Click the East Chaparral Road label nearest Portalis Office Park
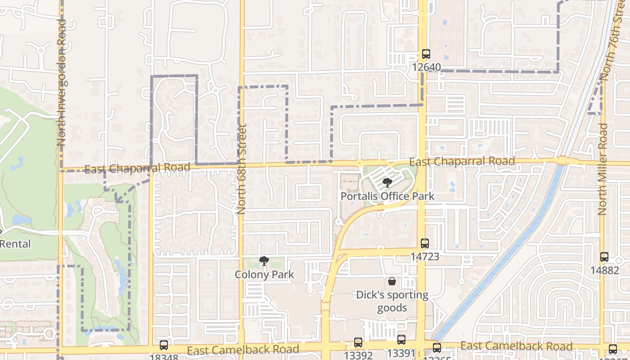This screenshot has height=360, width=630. [462, 161]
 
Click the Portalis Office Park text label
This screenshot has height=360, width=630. [387, 196]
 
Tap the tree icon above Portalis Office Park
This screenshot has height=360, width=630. [387, 183]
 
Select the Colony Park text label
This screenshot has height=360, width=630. [264, 274]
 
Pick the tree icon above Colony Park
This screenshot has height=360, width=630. [264, 261]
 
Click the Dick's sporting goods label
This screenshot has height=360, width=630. [392, 301]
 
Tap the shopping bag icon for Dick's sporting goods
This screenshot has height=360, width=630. [392, 282]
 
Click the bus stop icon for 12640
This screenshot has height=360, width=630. [426, 54]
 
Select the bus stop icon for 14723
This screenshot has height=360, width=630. [425, 243]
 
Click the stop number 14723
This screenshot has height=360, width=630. [424, 257]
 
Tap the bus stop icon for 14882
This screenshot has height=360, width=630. [604, 257]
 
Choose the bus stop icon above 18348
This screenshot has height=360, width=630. [164, 345]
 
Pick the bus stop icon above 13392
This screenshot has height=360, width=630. [358, 342]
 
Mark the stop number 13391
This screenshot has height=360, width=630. [401, 354]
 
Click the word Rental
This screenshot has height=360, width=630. [16, 244]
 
